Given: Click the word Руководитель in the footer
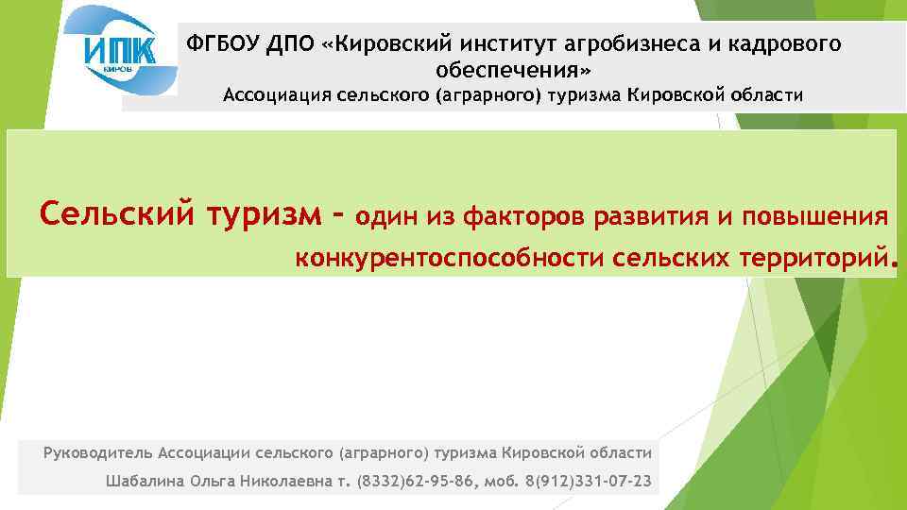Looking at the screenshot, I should tap(98, 452).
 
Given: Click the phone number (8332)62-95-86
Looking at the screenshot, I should tap(418, 482).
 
